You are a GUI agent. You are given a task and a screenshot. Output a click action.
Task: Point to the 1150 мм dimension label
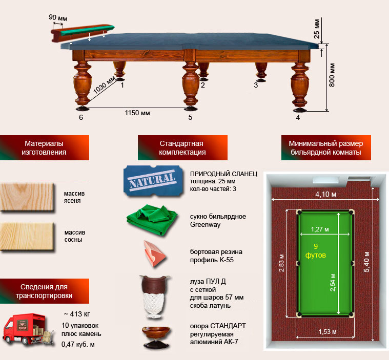point(138,113)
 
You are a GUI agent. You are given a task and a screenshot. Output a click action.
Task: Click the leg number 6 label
point(81,117)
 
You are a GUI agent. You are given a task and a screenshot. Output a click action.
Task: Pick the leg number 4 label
point(298,117)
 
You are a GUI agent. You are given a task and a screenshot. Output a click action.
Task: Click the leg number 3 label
point(256,86)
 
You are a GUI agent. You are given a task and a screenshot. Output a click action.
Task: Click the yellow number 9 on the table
point(316,246)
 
